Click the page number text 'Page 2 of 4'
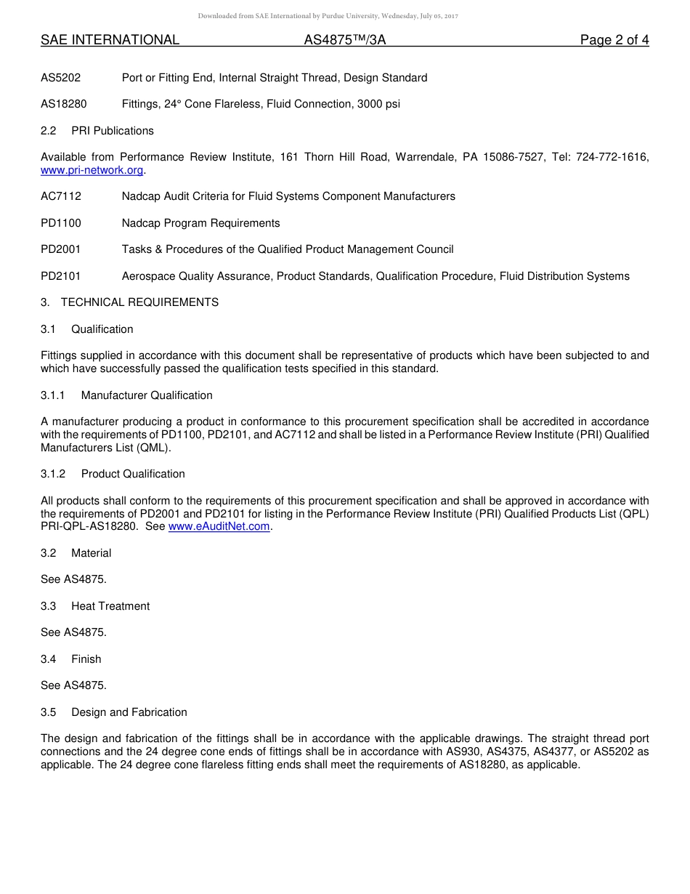coord(614,41)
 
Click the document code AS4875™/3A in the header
coord(345,41)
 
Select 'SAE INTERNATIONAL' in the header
coord(110,41)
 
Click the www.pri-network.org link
coord(92,170)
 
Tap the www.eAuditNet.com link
coord(219,527)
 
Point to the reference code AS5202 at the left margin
coord(61,78)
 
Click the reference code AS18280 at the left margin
coord(64,104)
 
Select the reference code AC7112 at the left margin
coord(61,196)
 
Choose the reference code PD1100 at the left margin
coord(61,223)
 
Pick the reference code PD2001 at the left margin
coord(61,249)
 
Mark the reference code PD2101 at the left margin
coord(61,276)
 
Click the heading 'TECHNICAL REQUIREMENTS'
coord(139,302)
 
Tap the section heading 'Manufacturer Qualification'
coord(147,395)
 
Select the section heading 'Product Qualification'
coord(133,474)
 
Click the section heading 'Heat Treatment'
coord(110,606)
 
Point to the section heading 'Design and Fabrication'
coord(129,712)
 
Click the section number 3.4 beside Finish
coord(48,659)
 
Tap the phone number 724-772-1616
coord(612,157)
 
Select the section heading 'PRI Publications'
coord(113,131)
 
